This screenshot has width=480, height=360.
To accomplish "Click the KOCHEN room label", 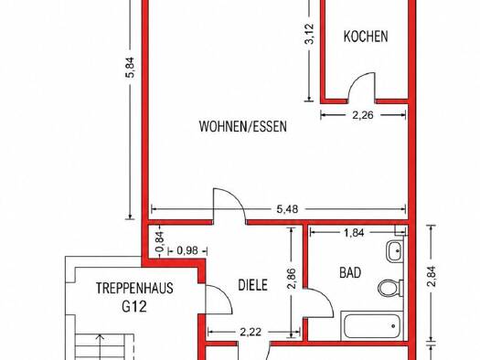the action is (366, 37).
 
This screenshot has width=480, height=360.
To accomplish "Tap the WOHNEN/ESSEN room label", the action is (243, 126).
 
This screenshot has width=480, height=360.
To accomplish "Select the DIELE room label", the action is (253, 285).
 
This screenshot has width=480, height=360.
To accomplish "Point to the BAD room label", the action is (350, 272).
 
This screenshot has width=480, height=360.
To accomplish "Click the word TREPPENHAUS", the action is (134, 288).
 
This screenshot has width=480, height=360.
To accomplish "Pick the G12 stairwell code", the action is (134, 306).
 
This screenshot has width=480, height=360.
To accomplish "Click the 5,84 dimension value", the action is (131, 68).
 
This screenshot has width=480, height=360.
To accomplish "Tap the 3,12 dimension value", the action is (310, 34).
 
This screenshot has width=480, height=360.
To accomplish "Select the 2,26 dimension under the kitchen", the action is (363, 115).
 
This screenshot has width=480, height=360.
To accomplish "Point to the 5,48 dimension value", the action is (287, 209).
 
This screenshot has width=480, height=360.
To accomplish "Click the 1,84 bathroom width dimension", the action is (354, 233).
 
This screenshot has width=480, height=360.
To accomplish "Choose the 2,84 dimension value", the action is (432, 276).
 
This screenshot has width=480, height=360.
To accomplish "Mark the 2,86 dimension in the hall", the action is (292, 279).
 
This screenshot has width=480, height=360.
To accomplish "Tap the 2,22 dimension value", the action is (251, 332).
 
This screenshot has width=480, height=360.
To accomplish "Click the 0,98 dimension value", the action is (187, 250).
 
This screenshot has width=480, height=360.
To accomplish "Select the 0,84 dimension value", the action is (160, 241).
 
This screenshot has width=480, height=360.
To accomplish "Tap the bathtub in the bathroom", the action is (372, 326).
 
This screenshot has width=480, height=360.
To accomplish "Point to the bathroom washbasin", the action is (395, 251).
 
